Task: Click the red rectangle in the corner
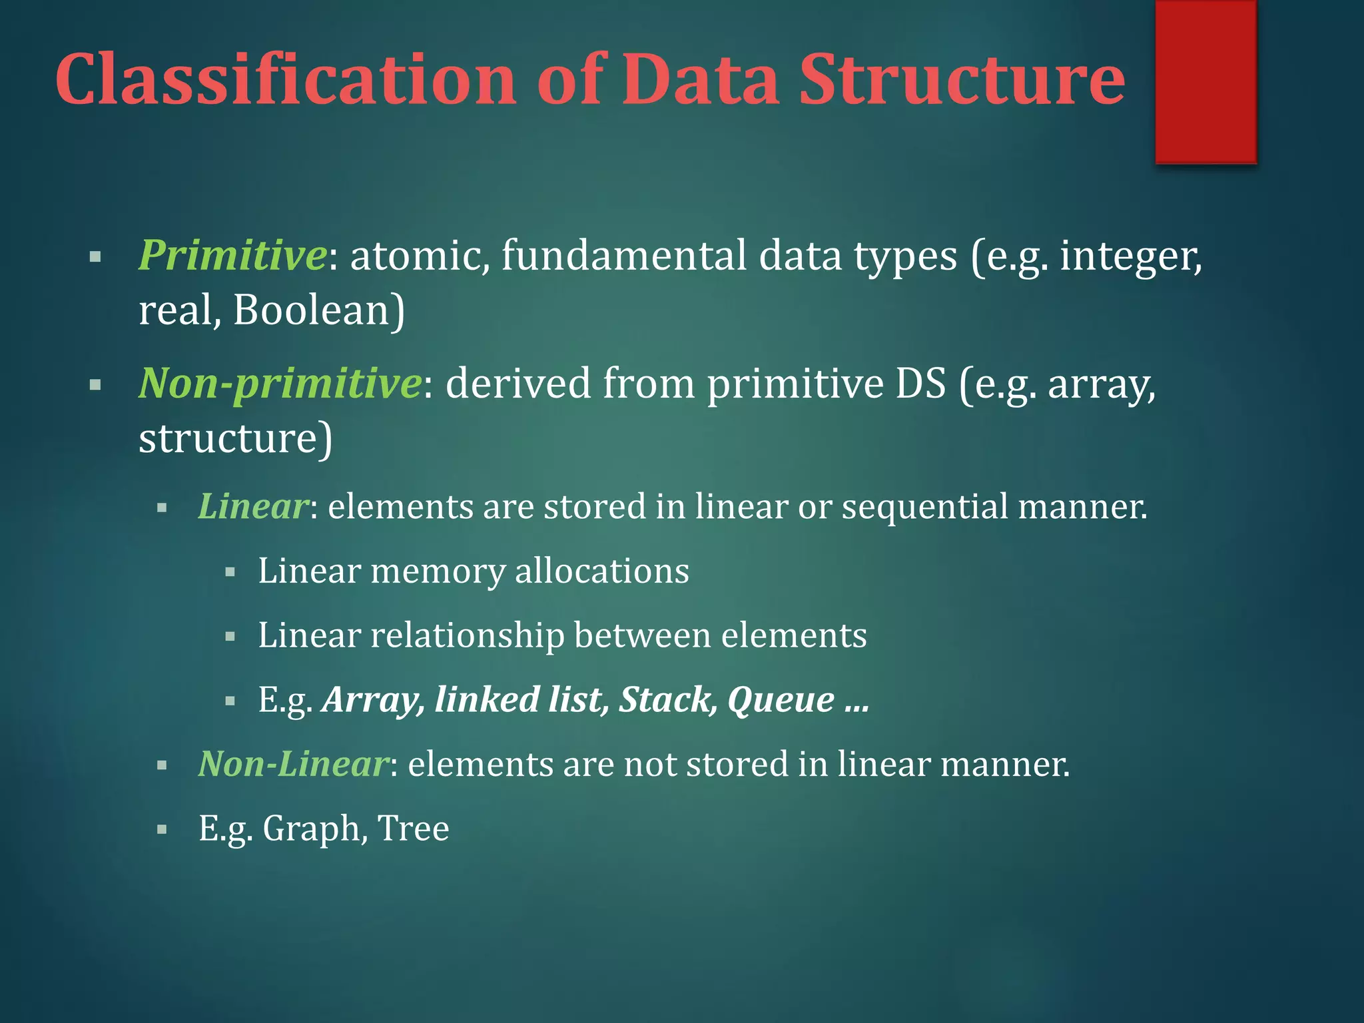(x=1205, y=81)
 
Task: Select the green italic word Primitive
(x=232, y=256)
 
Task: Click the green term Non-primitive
(x=280, y=384)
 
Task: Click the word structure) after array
(x=235, y=439)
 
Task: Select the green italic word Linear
(x=253, y=506)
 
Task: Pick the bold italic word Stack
(x=668, y=700)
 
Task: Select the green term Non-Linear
(x=293, y=764)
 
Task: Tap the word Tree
(x=413, y=829)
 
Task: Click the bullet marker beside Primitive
(x=95, y=256)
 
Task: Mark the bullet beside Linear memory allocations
(x=230, y=572)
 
